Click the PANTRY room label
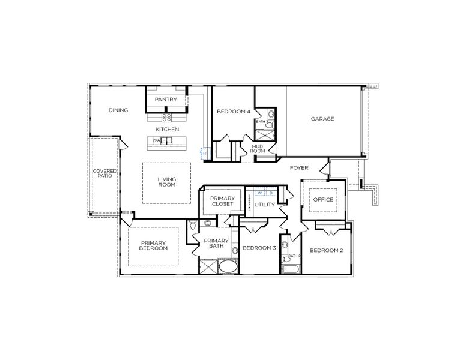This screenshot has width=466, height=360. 166,100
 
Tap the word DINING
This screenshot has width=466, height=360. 118,110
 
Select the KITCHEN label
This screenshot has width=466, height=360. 167,130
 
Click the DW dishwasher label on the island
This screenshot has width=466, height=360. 156,141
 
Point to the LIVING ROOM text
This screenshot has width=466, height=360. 166,182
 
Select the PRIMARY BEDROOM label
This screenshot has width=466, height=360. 154,245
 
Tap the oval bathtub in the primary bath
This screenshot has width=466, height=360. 228,266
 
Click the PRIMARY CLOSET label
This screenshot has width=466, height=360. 222,201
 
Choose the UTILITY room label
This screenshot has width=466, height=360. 264,205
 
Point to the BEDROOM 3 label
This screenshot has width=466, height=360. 259,248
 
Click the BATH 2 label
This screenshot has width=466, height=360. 294,256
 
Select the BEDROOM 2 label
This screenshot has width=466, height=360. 326,250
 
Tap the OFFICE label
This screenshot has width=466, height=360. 324,200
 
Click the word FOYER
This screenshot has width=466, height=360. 299,168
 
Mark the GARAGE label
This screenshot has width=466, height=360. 322,119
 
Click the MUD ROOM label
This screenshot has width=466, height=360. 258,148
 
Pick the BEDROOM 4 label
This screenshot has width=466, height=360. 234,111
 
